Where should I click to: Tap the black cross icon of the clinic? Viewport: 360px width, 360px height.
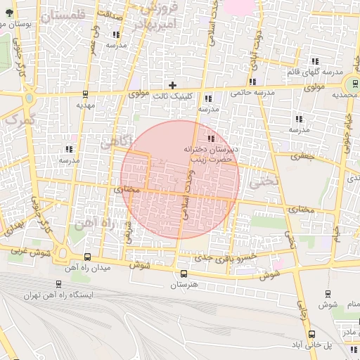[x=172, y=85]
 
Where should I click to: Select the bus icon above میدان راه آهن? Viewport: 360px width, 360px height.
[x=87, y=257]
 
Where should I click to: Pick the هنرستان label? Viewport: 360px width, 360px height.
[x=184, y=286]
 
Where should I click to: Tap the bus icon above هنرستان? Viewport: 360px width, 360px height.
[x=184, y=274]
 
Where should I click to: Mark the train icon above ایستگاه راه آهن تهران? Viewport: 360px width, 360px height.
[x=58, y=285]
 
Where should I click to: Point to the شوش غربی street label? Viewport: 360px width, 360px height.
[x=29, y=250]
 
